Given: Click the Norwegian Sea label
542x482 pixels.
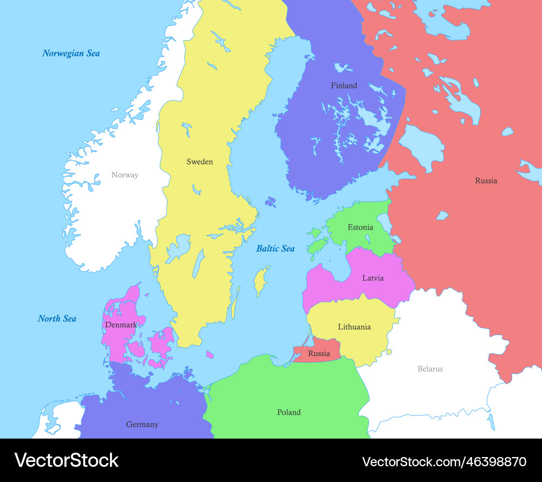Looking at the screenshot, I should pos(71,53).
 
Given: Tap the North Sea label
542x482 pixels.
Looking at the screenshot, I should pos(57,319).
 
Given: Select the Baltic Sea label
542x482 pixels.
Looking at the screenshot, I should pos(275,249).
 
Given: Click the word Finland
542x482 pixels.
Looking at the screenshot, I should pos(344,85).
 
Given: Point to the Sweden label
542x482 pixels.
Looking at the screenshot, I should pos(199,162).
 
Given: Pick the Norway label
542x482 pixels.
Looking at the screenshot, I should pos(125,175).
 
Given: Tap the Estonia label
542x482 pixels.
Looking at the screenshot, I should pos(360,227).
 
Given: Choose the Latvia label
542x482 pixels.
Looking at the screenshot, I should pos(373,278).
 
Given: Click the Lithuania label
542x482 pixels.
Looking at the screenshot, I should pos(354,327).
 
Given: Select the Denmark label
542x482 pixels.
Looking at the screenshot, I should pos(121,325).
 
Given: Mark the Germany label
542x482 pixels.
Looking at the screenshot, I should pos(142,424).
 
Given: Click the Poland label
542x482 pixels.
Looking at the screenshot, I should pos(289,413).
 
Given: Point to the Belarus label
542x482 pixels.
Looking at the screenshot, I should pos(430,369).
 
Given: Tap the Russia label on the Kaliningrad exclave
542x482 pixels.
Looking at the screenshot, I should pos(319,354).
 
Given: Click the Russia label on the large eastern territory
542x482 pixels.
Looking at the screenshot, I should pos(486,181).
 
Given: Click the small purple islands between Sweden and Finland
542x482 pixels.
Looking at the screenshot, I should pos(270,202).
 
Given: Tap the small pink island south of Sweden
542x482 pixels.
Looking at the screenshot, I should pos(210,354).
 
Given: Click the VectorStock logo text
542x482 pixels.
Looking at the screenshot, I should pos(67,460).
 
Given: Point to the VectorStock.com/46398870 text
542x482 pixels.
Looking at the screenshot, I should pos(444,462).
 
